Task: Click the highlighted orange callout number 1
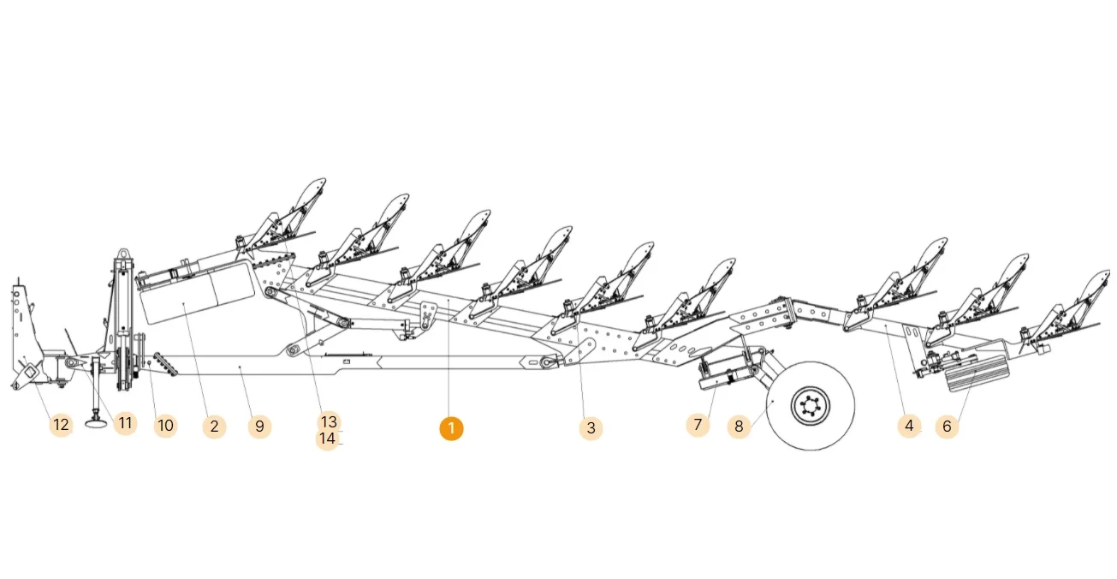tap(451, 429)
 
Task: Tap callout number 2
tap(215, 427)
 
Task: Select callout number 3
tap(591, 427)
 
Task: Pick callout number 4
tap(909, 426)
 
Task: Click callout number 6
tap(947, 427)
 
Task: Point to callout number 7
tap(698, 425)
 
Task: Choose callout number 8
tap(739, 427)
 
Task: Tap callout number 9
tap(260, 427)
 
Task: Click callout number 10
tap(165, 426)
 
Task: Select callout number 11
tap(125, 423)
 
